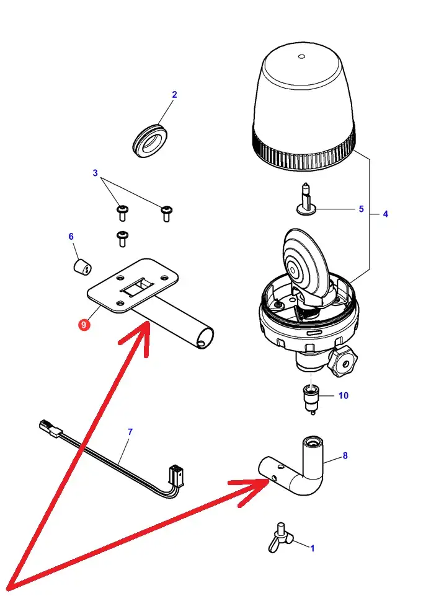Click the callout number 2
click(174, 95)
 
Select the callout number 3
click(95, 173)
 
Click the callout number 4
click(385, 214)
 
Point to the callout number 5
click(361, 209)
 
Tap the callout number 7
click(130, 431)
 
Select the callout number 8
click(345, 456)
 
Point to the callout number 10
click(343, 395)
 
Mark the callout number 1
click(312, 548)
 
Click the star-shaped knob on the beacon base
click(343, 361)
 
